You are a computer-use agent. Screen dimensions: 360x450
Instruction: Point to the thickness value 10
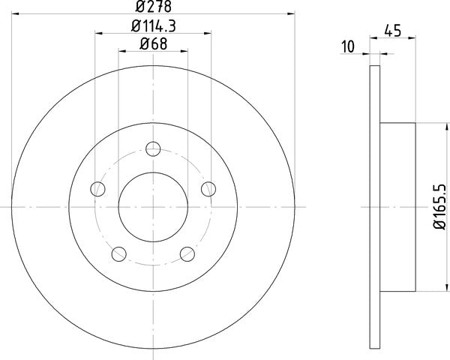point(347,46)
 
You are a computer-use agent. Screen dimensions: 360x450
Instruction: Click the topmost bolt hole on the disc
point(153,148)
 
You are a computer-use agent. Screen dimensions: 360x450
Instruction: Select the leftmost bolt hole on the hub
point(97,188)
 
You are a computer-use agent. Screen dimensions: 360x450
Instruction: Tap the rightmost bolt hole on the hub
point(209,188)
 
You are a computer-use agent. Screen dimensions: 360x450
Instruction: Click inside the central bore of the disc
point(153,206)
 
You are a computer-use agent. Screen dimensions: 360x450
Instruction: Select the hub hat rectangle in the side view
point(398,206)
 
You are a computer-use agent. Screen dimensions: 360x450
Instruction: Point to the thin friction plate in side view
point(375,206)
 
